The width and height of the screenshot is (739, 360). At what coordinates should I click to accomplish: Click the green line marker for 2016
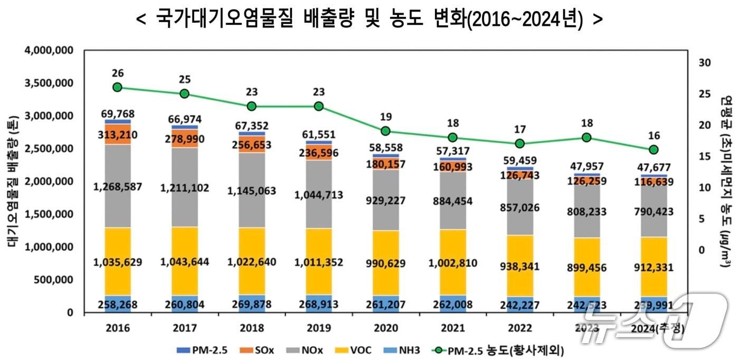pyautogui.click(x=118, y=87)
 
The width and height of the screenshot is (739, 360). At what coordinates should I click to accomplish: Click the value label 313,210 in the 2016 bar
pyautogui.click(x=118, y=135)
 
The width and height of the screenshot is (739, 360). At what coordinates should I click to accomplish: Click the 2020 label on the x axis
pyautogui.click(x=385, y=328)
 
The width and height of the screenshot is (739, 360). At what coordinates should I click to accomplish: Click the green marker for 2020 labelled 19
pyautogui.click(x=385, y=131)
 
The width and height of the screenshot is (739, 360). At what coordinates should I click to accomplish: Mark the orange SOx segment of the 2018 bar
pyautogui.click(x=251, y=144)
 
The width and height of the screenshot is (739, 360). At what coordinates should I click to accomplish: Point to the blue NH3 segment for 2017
pyautogui.click(x=185, y=304)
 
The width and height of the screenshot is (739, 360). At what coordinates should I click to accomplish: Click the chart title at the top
pyautogui.click(x=369, y=20)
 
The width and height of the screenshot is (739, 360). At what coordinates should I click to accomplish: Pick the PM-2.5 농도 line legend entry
pyautogui.click(x=499, y=349)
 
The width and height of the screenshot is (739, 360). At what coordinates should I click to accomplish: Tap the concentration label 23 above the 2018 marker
pyautogui.click(x=251, y=92)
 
